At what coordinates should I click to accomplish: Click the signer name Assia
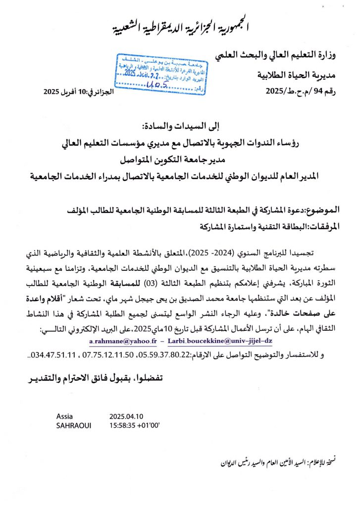[65, 416]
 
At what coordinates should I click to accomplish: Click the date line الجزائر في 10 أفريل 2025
[79, 91]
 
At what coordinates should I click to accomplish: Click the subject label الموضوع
[324, 210]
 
